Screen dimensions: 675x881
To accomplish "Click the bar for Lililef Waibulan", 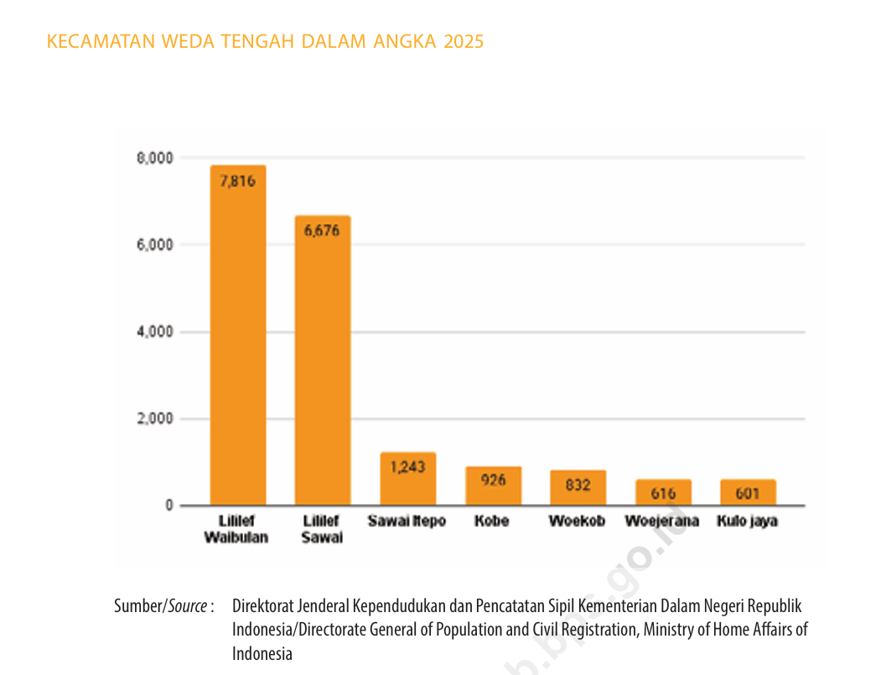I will [238, 335].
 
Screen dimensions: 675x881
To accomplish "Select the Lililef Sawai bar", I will [323, 361].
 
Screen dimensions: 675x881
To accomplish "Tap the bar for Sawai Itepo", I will [407, 479].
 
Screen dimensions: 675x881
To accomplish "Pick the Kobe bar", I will [493, 486].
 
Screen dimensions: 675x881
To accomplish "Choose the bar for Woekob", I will [578, 488].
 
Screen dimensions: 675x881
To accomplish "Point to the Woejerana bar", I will [663, 493].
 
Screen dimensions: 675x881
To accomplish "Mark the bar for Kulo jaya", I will [748, 493].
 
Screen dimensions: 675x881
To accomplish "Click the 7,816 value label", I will [238, 181].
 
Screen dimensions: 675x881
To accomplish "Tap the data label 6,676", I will [323, 231].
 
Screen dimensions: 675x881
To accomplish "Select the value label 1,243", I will [407, 467].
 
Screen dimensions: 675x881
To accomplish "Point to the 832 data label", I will [578, 485].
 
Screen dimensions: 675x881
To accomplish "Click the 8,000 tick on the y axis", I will [155, 158].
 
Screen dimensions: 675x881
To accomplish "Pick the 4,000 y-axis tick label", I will [155, 332].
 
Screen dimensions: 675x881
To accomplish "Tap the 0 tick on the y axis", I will [168, 506].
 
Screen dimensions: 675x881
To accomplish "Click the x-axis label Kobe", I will [491, 522].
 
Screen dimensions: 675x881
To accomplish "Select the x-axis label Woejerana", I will [662, 522].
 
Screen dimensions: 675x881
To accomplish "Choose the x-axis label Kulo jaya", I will [747, 522].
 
